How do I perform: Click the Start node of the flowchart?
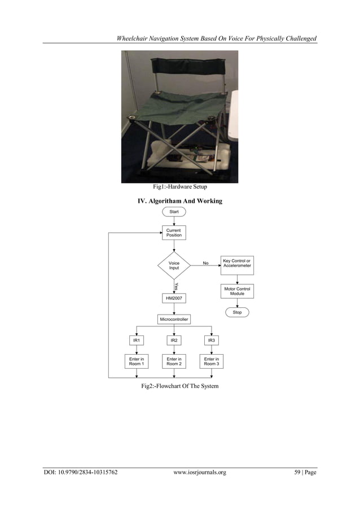click(174, 212)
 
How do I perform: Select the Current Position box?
click(174, 233)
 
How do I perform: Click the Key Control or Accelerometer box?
click(237, 263)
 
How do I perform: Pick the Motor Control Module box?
click(237, 291)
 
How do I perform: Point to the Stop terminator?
click(237, 312)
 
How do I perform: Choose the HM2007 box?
click(174, 298)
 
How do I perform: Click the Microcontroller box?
click(174, 320)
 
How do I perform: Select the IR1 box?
click(136, 341)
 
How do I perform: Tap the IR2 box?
click(174, 341)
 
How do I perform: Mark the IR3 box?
click(212, 341)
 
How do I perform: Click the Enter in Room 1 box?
click(136, 361)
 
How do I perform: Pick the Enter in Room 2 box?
click(174, 361)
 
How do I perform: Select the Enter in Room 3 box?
click(212, 361)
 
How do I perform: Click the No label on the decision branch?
click(205, 263)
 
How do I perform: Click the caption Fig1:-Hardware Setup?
click(180, 187)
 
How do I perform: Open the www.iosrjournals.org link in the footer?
click(200, 472)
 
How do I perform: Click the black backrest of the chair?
click(179, 66)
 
